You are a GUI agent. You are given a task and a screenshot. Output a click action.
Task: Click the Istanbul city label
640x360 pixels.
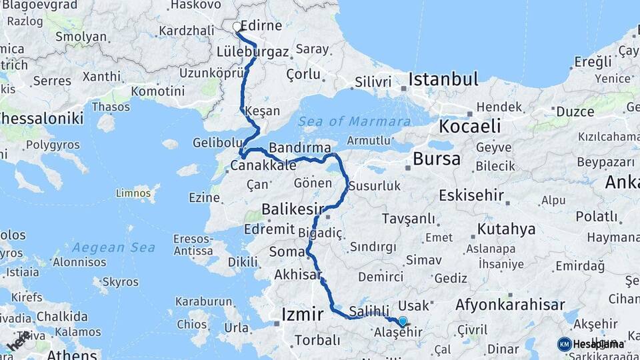click(443, 80)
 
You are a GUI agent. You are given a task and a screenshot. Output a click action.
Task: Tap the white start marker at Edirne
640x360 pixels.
click(237, 27)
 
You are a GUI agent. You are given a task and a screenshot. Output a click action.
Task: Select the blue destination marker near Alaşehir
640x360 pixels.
click(402, 321)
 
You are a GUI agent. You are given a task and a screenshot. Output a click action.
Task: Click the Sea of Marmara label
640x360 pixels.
click(354, 121)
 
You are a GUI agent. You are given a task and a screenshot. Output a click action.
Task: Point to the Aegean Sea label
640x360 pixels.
click(113, 247)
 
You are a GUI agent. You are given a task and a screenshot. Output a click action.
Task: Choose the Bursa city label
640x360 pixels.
click(437, 159)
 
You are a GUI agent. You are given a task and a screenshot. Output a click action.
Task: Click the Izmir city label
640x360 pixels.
click(303, 314)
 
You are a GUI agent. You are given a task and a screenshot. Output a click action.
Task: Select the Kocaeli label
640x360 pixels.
click(469, 127)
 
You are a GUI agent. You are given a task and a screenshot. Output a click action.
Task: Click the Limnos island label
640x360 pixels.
click(133, 193)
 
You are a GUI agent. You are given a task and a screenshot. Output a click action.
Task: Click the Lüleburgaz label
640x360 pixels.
click(253, 51)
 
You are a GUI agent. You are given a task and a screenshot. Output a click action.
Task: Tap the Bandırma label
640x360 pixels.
click(299, 147)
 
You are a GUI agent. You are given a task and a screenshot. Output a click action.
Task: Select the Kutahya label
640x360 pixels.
click(506, 229)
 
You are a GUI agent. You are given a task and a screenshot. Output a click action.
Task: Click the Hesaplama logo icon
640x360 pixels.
click(564, 344)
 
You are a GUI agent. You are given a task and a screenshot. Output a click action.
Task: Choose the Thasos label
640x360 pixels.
click(111, 107)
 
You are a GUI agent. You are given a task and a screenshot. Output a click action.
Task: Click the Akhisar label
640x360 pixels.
click(297, 275)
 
